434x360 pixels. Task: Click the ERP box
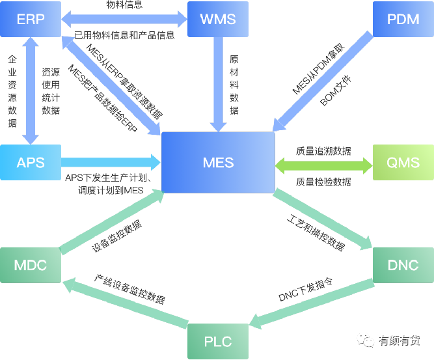31,19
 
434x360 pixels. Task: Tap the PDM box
403,19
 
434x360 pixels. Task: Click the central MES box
218,162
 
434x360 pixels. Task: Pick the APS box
31,162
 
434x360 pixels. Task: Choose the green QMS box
403,162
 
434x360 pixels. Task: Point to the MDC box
31,266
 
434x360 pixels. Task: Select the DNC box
403,266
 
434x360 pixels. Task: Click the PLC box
218,341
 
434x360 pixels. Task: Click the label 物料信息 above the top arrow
124,5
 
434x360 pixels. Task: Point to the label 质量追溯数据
323,151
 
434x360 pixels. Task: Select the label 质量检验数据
323,182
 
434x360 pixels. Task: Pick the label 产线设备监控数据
129,290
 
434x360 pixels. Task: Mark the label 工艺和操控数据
316,231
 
